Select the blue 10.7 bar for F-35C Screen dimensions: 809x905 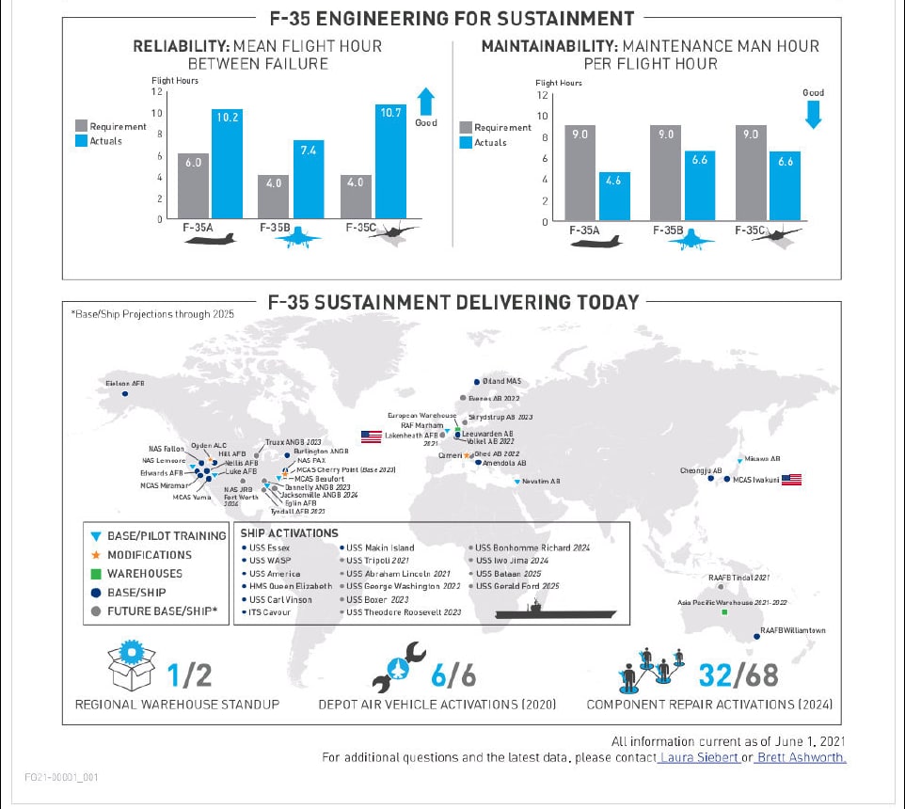[x=389, y=161]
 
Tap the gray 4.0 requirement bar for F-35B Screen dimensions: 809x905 [x=275, y=197]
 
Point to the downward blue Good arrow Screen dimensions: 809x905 [x=814, y=113]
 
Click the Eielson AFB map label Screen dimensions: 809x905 [x=124, y=383]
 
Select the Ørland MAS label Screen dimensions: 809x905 [x=500, y=381]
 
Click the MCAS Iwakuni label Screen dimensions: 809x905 [x=754, y=480]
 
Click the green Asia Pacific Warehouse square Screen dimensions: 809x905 [x=723, y=613]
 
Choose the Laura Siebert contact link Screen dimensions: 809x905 [x=699, y=757]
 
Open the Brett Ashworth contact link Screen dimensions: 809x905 [x=800, y=757]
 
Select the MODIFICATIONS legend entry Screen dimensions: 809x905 [x=149, y=555]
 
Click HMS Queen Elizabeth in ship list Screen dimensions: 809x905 [x=291, y=586]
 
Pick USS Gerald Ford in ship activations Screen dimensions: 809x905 [x=516, y=586]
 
